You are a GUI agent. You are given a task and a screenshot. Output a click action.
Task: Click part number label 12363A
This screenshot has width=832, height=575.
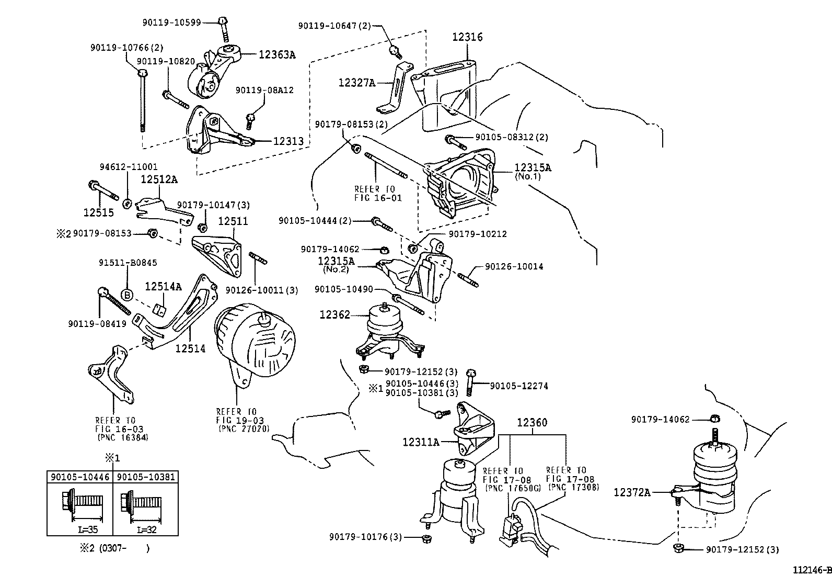pos(276,54)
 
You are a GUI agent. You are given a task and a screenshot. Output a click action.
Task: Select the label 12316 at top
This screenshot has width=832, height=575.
pos(467,37)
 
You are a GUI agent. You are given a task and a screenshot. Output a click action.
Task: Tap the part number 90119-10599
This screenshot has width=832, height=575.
pos(172,22)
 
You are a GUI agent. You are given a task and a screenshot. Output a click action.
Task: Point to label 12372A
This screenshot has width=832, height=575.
pos(632,492)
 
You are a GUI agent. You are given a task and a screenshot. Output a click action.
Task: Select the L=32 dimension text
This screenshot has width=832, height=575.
pos(147,529)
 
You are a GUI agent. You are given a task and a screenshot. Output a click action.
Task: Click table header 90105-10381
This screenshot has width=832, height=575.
pos(146,477)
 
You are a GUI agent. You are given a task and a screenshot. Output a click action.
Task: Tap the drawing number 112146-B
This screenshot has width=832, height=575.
pos(812,569)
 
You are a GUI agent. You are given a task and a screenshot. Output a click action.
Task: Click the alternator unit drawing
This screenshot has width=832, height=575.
pos(256,340)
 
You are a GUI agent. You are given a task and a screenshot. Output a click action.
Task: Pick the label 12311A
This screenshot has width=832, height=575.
pos(421,442)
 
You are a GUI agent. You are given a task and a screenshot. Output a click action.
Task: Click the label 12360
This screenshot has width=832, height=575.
pos(532,422)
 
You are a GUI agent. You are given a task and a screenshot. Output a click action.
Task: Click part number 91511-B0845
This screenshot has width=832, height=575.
pos(128,263)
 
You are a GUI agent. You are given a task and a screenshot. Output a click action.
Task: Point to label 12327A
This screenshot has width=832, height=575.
pos(357,82)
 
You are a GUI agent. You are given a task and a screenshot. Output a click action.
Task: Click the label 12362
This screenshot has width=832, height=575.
pos(334,314)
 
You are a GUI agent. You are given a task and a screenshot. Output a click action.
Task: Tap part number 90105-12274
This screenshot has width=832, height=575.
pos(519,386)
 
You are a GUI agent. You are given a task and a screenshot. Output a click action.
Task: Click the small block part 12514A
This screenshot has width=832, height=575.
pos(161,310)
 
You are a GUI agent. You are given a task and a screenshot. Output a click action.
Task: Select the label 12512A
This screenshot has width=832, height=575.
pos(159,179)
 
